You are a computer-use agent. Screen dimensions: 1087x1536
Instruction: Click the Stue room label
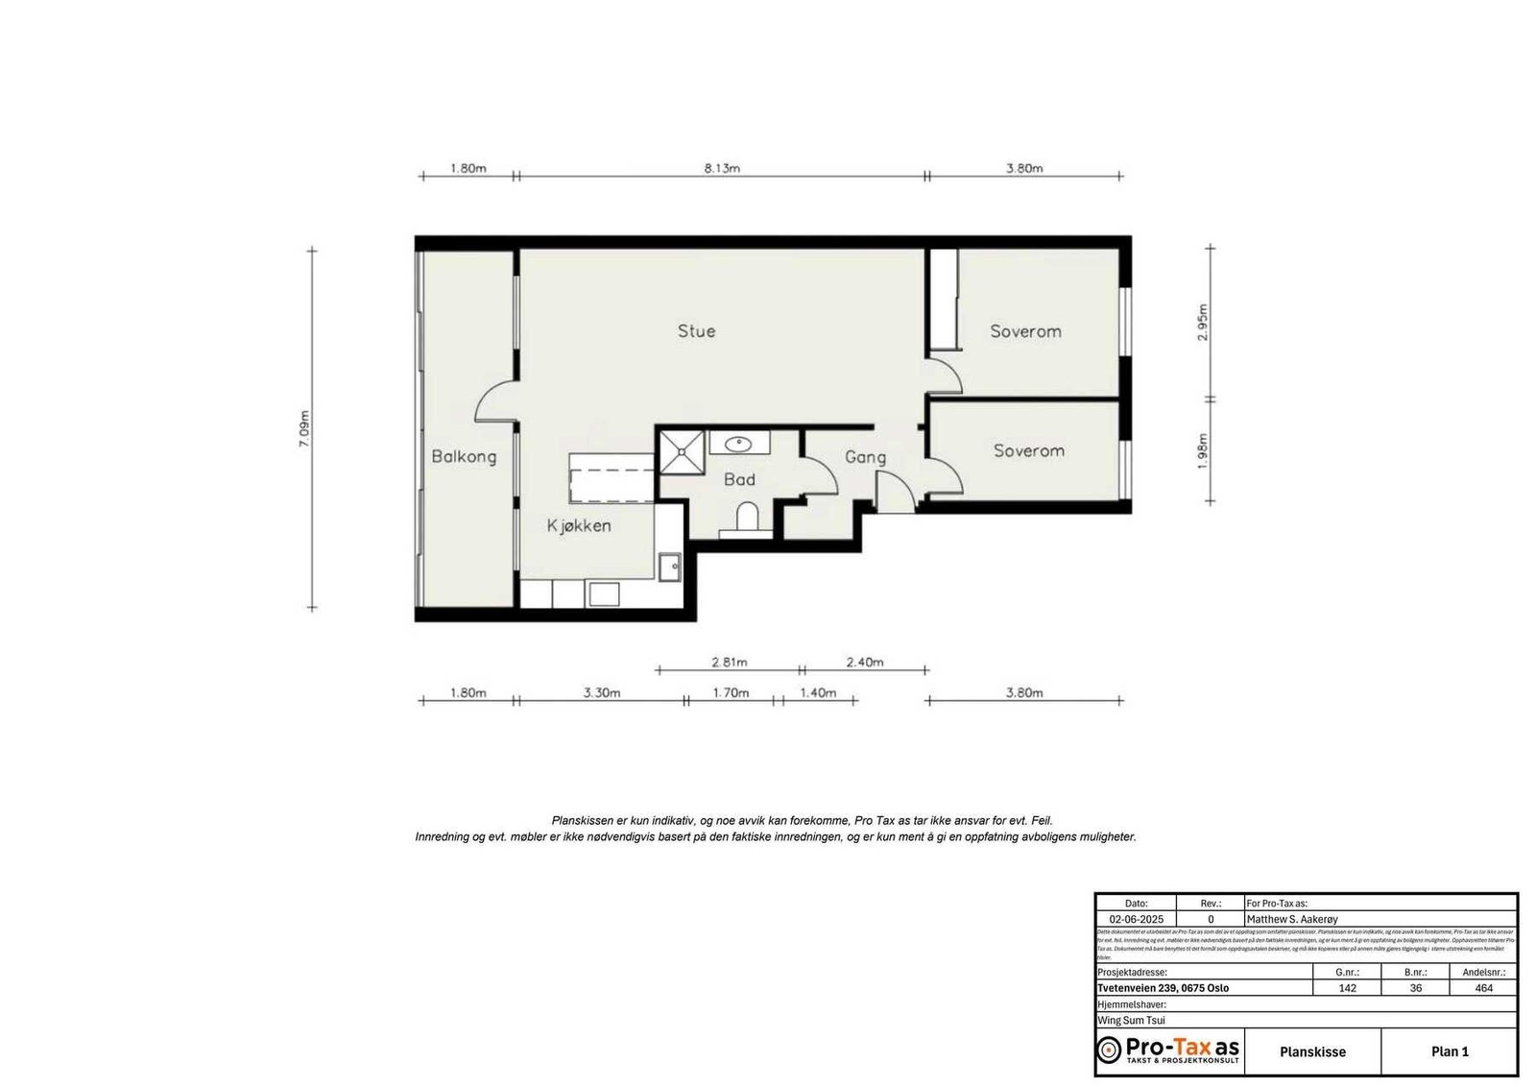696,331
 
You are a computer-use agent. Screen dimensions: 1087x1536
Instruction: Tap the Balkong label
464,456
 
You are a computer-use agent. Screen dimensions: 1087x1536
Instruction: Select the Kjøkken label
579,525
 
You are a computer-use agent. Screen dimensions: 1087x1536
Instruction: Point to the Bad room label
739,479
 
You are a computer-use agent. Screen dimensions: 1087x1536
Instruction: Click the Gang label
865,457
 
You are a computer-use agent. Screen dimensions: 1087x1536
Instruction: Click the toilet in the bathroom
746,519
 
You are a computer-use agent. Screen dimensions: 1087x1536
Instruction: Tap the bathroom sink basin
738,444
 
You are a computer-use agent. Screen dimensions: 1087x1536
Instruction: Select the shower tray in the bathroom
681,451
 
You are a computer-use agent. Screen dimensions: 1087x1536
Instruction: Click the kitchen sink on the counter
669,567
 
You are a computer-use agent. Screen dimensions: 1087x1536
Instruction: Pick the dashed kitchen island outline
612,478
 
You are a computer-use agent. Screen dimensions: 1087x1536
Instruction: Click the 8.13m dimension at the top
722,168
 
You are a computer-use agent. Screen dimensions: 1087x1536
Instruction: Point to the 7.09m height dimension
304,429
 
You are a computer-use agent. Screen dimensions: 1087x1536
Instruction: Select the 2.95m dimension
1203,323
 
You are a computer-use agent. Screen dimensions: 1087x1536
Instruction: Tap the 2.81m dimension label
730,662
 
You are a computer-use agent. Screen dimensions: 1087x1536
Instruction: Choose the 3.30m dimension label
601,692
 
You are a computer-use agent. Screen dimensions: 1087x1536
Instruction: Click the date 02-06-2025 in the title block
1136,919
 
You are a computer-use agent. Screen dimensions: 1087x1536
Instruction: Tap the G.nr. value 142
1347,988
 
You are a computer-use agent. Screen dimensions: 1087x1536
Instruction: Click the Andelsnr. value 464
1483,988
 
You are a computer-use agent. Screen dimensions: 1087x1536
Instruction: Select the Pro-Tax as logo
1168,1050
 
